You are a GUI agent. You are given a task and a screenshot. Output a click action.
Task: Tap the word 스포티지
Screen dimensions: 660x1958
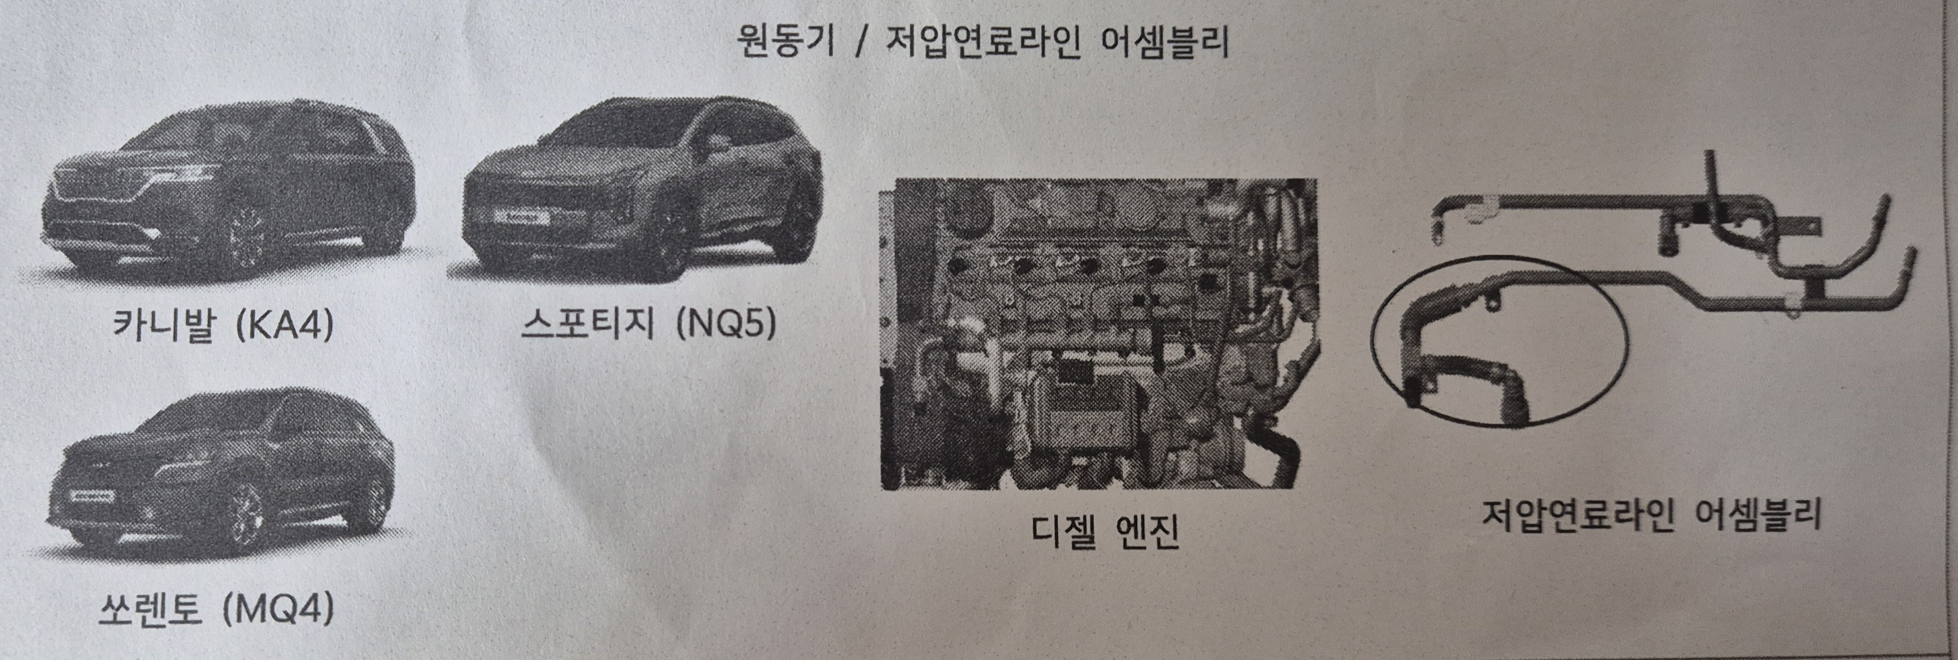(x=587, y=325)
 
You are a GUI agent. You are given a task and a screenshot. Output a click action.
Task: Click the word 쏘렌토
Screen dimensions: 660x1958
(x=150, y=609)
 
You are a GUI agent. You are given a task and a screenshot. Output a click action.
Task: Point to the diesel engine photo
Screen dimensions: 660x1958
(x=1098, y=334)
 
